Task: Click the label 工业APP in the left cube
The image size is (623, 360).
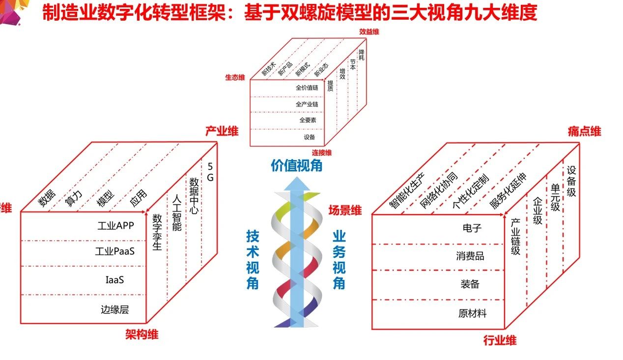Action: [115, 226]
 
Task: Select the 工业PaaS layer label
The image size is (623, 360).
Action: [115, 251]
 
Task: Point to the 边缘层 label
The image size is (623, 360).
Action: [114, 309]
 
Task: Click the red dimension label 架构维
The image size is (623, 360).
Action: [142, 335]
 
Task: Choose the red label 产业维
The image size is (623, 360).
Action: [222, 131]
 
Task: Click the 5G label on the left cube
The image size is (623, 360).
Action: [210, 172]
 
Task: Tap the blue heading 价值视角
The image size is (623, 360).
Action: [297, 166]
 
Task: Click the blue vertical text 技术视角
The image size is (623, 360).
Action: [253, 260]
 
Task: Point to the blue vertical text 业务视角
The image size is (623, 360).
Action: [339, 260]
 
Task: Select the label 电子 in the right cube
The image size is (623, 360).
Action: [472, 228]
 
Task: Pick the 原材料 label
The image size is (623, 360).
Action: [472, 313]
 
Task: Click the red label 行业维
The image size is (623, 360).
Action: [500, 340]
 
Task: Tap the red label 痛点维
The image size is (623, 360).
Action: [584, 132]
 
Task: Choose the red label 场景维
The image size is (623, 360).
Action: [345, 211]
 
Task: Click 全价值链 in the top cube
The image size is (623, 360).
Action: [307, 88]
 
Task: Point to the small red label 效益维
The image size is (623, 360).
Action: [369, 32]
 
